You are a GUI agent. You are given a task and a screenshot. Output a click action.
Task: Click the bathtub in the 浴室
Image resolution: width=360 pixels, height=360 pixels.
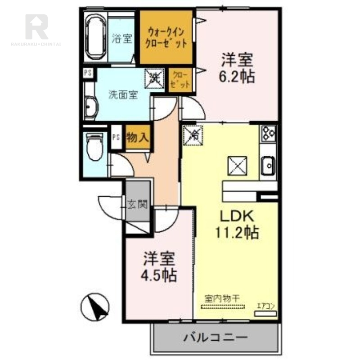(95, 38)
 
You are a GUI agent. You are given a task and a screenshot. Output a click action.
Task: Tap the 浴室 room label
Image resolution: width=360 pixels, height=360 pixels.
(121, 38)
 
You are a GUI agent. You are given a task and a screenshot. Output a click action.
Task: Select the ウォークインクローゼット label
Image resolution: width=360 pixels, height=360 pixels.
(166, 38)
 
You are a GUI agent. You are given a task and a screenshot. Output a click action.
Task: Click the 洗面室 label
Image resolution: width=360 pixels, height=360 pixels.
(123, 95)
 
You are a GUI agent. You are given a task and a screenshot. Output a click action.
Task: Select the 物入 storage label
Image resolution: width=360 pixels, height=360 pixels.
(137, 137)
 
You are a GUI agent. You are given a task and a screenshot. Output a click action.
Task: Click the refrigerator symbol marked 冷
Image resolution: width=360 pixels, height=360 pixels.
(193, 134)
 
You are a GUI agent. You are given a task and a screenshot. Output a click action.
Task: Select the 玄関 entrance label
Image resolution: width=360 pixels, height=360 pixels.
(138, 205)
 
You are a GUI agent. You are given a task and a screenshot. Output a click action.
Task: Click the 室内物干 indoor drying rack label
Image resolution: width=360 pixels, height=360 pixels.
(222, 297)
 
